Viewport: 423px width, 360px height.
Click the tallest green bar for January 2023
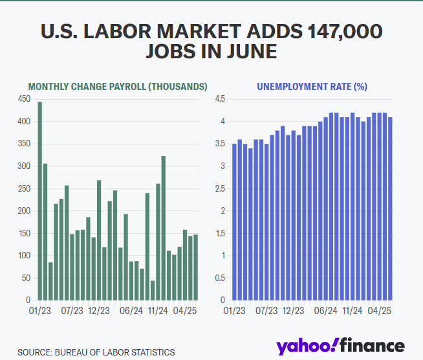click(39, 201)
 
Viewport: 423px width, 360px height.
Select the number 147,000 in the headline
click(341, 32)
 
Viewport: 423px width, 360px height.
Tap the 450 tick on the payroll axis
click(24, 98)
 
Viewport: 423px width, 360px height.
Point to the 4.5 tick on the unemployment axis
click(219, 98)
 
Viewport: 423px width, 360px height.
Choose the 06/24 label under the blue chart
click(328, 311)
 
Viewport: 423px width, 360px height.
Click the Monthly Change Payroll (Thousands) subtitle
click(117, 86)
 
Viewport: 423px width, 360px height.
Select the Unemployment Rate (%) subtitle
click(312, 86)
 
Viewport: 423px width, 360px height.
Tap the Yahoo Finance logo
click(340, 346)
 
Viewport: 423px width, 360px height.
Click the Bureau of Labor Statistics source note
click(96, 352)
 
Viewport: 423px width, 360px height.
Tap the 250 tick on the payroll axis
click(24, 188)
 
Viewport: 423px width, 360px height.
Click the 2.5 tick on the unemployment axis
click(219, 188)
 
